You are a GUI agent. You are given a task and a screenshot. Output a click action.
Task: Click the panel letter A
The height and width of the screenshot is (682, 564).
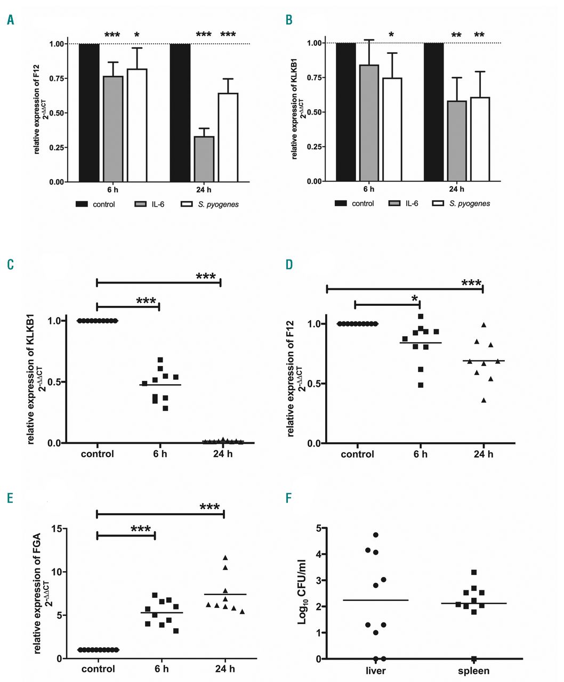10,20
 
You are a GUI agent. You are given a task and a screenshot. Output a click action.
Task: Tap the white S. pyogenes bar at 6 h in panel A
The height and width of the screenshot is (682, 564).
137,125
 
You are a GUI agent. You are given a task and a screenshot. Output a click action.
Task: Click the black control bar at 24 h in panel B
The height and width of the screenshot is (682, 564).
433,112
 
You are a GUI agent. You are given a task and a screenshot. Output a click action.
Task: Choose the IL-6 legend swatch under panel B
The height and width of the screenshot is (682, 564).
397,204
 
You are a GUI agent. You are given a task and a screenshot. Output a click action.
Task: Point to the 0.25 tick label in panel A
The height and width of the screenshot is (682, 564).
57,148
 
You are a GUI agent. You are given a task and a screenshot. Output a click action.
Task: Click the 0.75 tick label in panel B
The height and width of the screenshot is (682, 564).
315,78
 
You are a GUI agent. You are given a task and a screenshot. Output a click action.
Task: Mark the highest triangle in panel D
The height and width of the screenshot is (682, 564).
484,324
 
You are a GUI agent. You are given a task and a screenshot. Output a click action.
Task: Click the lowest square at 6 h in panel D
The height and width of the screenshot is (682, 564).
421,385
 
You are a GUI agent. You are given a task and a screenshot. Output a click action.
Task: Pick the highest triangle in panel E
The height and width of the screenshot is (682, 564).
225,557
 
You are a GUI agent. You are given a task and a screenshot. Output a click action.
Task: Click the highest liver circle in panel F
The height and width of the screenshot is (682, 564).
376,534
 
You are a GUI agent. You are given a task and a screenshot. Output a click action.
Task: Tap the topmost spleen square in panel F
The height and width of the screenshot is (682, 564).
474,572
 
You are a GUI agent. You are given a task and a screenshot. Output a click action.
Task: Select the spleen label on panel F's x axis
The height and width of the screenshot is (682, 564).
473,671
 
